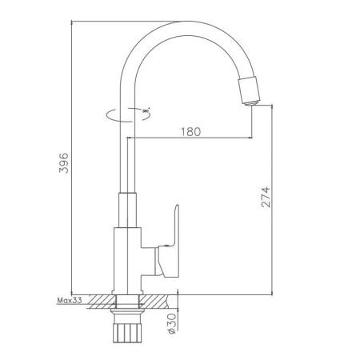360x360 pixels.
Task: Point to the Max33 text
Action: click(x=70, y=301)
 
